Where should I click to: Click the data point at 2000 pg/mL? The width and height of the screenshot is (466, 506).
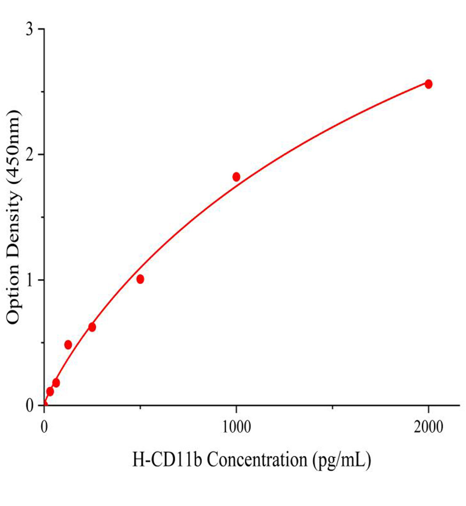pyautogui.click(x=428, y=84)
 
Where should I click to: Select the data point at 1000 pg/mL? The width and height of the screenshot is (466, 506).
pyautogui.click(x=236, y=177)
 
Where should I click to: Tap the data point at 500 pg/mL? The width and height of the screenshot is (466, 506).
pyautogui.click(x=140, y=279)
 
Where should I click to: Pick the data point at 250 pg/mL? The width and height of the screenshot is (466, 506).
pyautogui.click(x=92, y=327)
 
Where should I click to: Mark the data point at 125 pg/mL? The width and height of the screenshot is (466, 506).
pyautogui.click(x=68, y=345)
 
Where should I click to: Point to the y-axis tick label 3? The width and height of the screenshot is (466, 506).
pyautogui.click(x=30, y=30)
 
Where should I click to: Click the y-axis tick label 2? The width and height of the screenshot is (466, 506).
pyautogui.click(x=30, y=155)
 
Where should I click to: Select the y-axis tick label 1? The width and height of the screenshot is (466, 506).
pyautogui.click(x=30, y=280)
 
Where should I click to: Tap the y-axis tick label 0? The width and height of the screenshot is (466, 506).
pyautogui.click(x=30, y=406)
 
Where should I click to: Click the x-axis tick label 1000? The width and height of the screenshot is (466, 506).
pyautogui.click(x=236, y=427)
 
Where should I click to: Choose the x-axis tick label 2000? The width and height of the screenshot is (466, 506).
pyautogui.click(x=428, y=427)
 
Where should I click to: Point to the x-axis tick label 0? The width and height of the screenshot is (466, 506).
pyautogui.click(x=44, y=427)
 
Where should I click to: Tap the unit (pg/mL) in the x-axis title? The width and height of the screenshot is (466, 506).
pyautogui.click(x=341, y=460)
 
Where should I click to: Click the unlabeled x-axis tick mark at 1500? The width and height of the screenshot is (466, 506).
pyautogui.click(x=333, y=407)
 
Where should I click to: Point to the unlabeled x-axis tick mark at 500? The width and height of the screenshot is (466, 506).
pyautogui.click(x=141, y=407)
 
